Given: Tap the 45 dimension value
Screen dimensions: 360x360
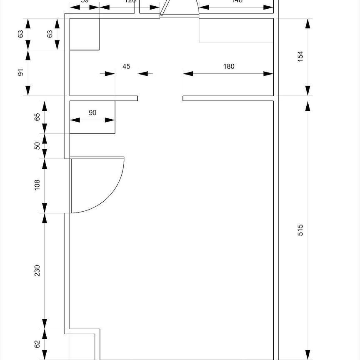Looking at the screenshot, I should (x=126, y=66).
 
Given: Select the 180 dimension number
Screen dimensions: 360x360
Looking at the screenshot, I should (x=229, y=66).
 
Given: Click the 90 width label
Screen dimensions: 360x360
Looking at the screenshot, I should (x=92, y=112).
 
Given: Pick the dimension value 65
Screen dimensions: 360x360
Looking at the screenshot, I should (x=37, y=117).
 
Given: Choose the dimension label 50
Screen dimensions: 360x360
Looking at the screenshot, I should (x=37, y=146).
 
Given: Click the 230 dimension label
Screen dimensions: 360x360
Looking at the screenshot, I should (x=37, y=270).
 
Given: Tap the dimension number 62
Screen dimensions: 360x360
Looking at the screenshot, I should (x=37, y=344).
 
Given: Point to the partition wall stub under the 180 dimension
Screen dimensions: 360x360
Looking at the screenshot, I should (x=228, y=98).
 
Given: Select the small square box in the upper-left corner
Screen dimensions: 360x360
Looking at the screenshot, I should (x=84, y=34).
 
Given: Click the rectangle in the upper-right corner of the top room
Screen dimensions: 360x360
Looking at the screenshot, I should (x=236, y=30).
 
